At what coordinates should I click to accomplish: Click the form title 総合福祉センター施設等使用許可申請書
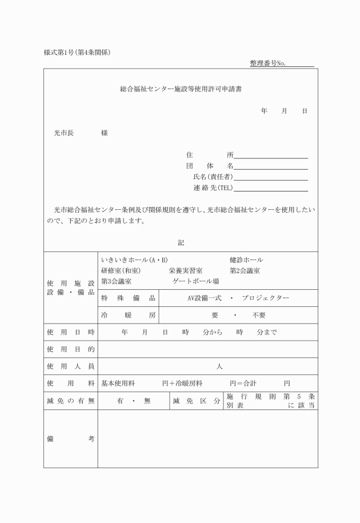tap(180, 90)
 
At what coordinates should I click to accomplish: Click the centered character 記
tap(181, 243)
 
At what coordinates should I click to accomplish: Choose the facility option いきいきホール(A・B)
tap(134, 260)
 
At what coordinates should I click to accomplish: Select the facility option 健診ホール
tap(246, 260)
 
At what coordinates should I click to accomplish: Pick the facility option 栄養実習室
tap(185, 270)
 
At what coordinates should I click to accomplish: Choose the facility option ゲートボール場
tap(195, 281)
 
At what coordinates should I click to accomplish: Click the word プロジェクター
tap(265, 298)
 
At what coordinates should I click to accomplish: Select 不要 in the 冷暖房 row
tap(258, 316)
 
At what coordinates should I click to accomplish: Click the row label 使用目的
tap(70, 349)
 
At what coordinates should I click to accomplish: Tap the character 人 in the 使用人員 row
tap(219, 366)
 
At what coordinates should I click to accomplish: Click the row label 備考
tap(70, 439)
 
